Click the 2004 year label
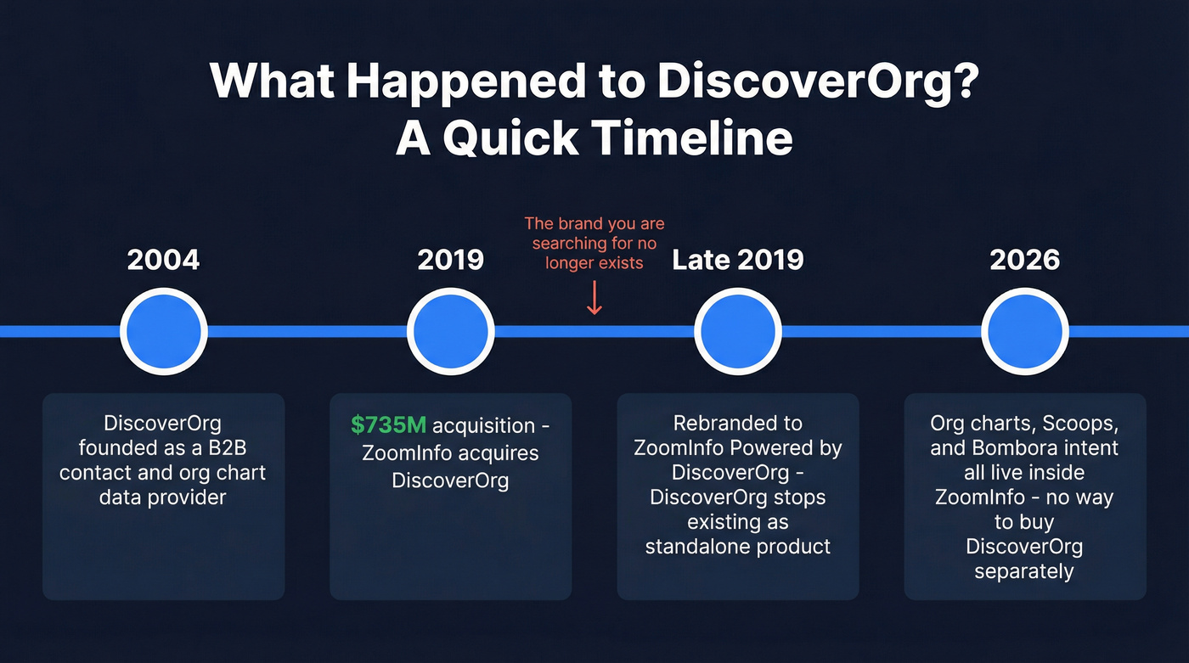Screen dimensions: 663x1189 point(163,260)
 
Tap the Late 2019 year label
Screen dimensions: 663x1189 point(737,260)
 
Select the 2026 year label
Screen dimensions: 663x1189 point(1024,260)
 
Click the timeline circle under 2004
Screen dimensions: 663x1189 point(163,331)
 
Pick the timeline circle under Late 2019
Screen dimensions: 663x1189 point(737,331)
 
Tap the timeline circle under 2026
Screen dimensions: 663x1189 point(1024,331)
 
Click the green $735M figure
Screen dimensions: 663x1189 point(389,425)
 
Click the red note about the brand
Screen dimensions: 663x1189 point(594,243)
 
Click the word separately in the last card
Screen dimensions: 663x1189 point(1023,570)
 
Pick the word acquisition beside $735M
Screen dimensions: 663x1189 point(484,425)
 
